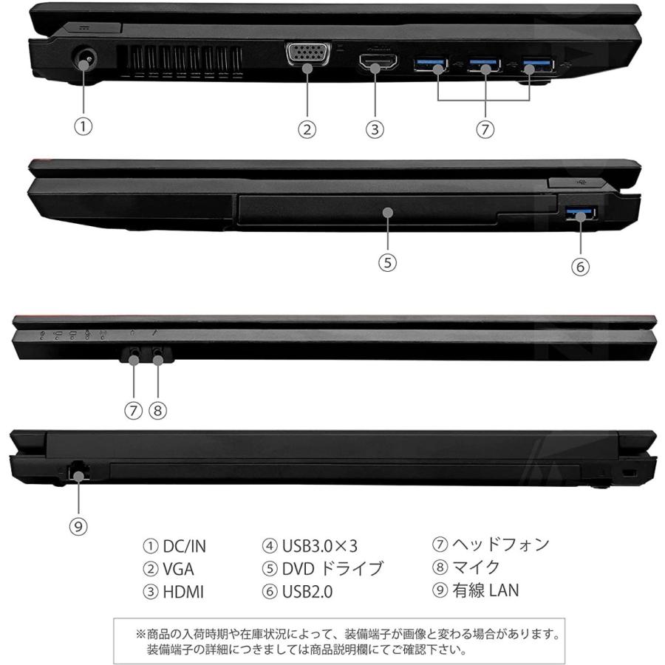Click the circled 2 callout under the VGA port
pos(307,129)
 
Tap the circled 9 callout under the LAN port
pos(79,526)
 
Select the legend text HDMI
pos(183,591)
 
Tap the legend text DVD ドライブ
pos(332,569)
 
